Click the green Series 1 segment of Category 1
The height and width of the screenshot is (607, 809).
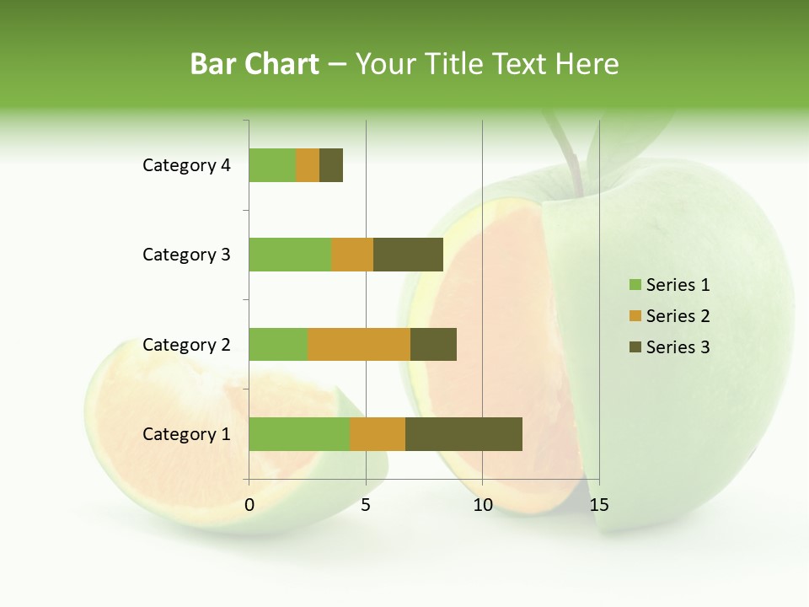click(x=299, y=433)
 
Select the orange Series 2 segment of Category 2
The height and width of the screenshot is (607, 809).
click(x=359, y=344)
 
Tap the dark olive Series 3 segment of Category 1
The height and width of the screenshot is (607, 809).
click(x=463, y=433)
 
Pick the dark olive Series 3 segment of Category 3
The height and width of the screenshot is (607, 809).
click(x=408, y=255)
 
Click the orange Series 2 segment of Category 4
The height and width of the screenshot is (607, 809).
click(x=308, y=165)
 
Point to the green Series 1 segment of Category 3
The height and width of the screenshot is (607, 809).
click(x=290, y=255)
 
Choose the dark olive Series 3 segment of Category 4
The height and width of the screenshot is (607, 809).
click(x=331, y=165)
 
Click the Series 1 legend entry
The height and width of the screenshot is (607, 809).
click(x=670, y=285)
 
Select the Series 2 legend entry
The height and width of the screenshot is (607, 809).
click(x=670, y=316)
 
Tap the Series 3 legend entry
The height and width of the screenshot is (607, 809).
click(x=670, y=347)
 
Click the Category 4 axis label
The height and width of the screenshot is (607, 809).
click(x=186, y=165)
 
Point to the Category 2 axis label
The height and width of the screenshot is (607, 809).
click(x=186, y=344)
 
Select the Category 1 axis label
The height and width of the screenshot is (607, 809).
click(x=186, y=434)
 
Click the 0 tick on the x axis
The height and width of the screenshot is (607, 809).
click(x=249, y=505)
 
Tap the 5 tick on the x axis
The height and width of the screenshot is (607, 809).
click(x=366, y=505)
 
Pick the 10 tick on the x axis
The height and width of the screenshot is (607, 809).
click(x=482, y=505)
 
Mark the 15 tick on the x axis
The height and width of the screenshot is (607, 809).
click(x=598, y=505)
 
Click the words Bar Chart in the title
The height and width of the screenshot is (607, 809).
click(x=254, y=64)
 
